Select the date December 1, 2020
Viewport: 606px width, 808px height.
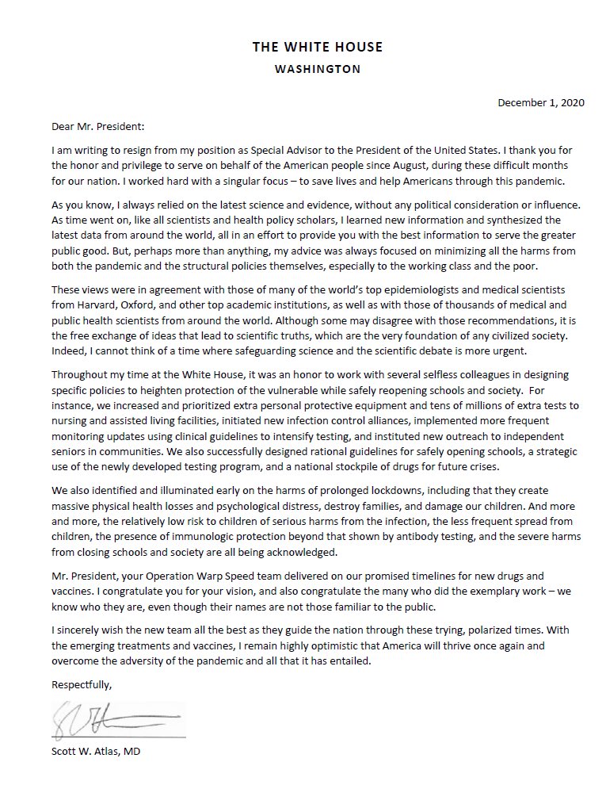click(541, 104)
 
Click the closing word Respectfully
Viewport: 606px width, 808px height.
click(80, 684)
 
